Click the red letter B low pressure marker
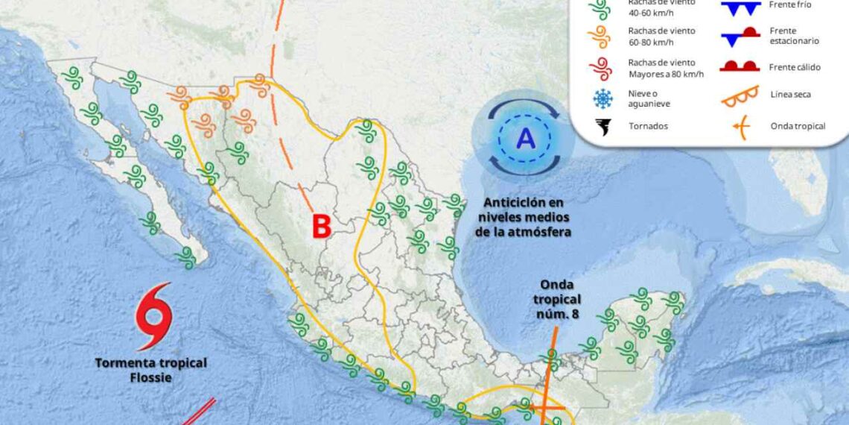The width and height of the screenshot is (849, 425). click(x=321, y=227)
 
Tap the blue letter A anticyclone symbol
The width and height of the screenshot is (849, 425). click(x=526, y=138)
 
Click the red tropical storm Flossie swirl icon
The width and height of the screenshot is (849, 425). click(x=154, y=316)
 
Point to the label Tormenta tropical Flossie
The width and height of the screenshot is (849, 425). click(x=150, y=370)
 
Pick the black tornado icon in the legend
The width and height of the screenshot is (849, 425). click(x=600, y=127)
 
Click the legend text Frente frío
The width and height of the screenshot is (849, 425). click(x=790, y=5)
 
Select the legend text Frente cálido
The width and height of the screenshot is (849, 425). click(x=795, y=67)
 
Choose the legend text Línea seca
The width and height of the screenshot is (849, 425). click(x=791, y=95)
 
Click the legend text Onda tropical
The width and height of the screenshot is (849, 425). click(x=798, y=126)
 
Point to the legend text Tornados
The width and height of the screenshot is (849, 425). click(x=648, y=126)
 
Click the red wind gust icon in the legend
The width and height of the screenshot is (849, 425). click(x=600, y=68)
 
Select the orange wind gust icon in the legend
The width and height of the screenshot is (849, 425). click(x=600, y=37)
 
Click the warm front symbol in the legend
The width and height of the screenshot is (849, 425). click(x=740, y=67)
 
